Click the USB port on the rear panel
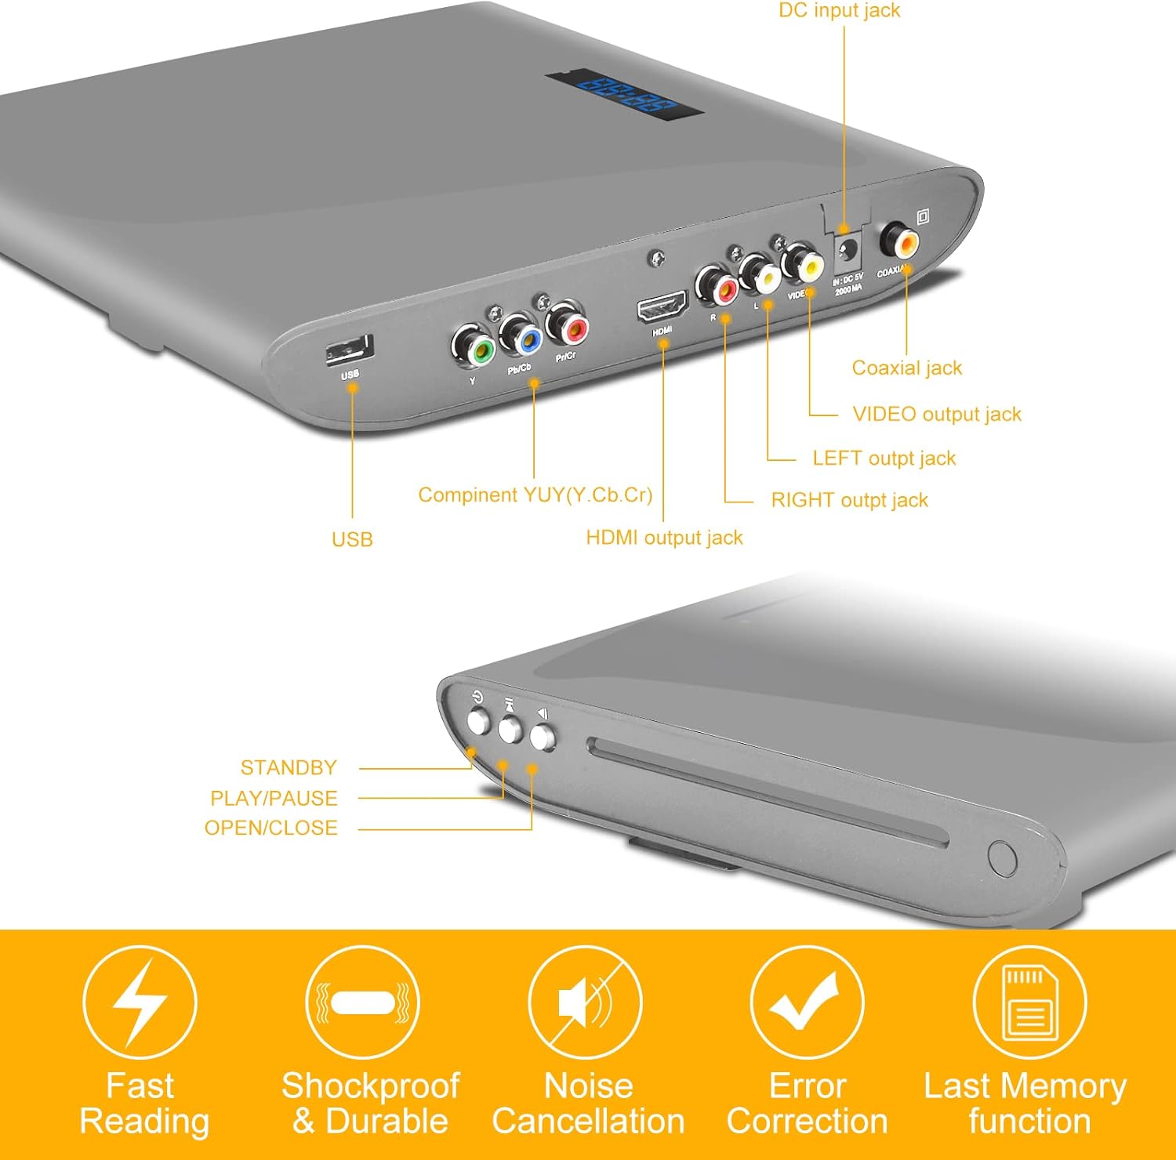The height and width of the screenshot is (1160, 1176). (350, 349)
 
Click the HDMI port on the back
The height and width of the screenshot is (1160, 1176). (662, 307)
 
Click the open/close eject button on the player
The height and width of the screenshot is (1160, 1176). (543, 738)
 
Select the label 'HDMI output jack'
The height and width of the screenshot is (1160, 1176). (664, 538)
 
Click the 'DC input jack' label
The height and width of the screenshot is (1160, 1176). (839, 10)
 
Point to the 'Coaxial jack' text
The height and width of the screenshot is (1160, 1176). (906, 368)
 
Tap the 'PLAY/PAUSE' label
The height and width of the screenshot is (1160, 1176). (274, 798)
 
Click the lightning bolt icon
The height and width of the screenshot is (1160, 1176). (140, 1002)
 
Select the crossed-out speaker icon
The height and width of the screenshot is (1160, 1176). (585, 1002)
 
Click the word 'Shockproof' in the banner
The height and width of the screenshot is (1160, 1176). (370, 1086)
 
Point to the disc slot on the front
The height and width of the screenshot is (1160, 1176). (768, 793)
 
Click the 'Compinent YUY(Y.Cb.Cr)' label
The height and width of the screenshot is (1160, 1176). (535, 495)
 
